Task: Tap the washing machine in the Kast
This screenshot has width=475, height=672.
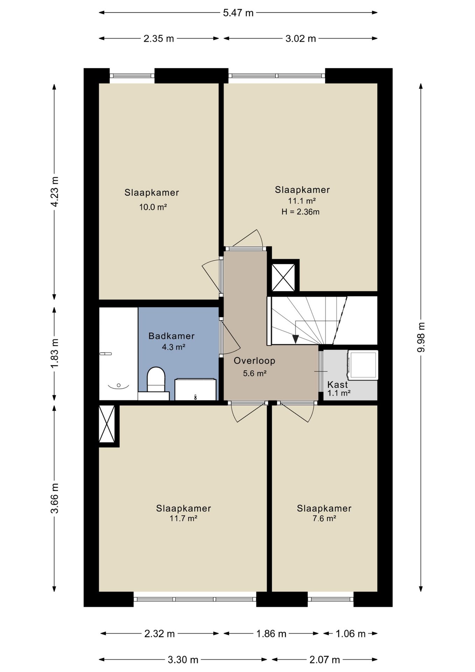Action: (363, 365)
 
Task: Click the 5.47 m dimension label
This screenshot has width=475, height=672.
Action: (238, 13)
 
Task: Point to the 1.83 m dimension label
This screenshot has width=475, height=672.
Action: (55, 353)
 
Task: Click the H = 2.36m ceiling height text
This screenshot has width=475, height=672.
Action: (300, 212)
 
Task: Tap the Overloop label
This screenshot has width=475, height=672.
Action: (254, 360)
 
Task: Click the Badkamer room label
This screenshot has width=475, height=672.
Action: (171, 336)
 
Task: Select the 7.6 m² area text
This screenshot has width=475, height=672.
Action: (324, 518)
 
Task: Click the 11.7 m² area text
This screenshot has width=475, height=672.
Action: (184, 518)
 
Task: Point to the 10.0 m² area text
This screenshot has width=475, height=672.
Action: (153, 207)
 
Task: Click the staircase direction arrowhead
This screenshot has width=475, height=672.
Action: (296, 339)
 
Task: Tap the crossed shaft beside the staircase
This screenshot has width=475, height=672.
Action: (283, 278)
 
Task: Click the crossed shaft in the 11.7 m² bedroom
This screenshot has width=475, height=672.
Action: (107, 424)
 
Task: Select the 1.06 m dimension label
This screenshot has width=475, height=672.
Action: (350, 633)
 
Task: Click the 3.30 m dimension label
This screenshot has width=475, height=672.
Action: (183, 660)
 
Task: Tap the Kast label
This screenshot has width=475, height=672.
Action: (338, 385)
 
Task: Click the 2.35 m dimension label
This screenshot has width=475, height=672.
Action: (158, 38)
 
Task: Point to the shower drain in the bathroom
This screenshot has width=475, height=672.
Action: (119, 385)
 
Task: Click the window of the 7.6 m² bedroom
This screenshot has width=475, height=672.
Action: (331, 599)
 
